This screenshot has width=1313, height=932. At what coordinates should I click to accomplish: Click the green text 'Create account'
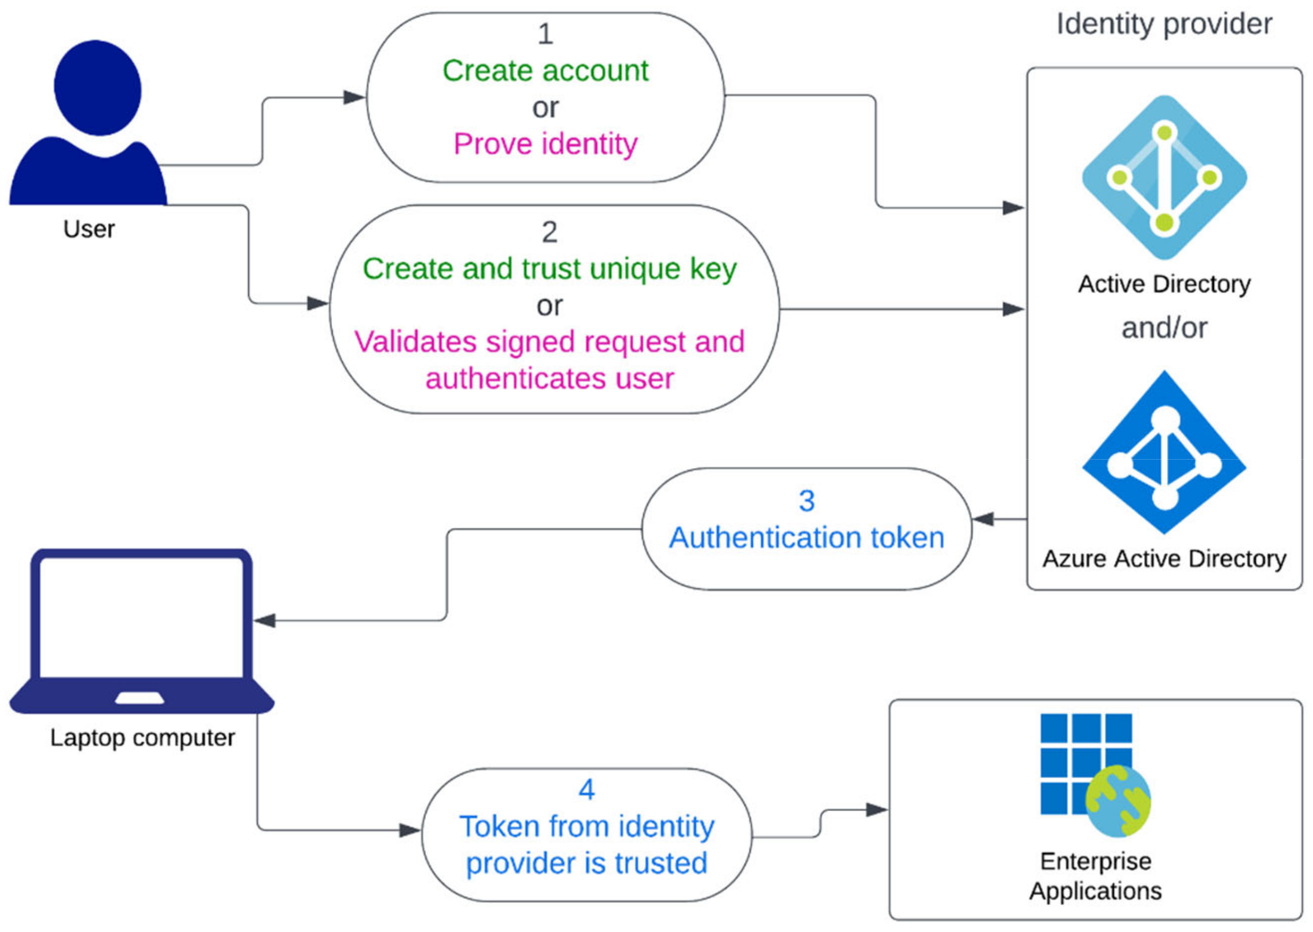[x=545, y=71]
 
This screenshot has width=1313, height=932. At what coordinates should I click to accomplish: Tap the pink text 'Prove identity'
[x=545, y=144]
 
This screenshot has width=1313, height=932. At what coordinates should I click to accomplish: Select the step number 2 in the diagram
[x=550, y=232]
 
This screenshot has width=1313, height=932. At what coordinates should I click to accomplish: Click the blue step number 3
[x=806, y=500]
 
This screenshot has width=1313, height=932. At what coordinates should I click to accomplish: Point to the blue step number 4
[x=586, y=790]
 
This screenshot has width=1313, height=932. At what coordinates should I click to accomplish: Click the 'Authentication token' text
[x=806, y=538]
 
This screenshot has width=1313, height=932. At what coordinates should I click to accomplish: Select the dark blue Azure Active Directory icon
[x=1164, y=453]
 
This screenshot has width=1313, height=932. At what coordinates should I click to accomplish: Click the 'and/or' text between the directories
[x=1164, y=328]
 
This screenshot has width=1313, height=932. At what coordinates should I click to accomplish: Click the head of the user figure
[x=98, y=87]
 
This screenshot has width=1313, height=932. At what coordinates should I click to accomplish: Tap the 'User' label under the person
[x=89, y=229]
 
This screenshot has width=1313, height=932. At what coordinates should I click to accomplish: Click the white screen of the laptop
[x=141, y=617]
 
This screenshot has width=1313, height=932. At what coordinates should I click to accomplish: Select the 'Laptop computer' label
[x=142, y=737]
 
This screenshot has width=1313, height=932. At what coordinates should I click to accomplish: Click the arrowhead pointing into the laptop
[x=266, y=620]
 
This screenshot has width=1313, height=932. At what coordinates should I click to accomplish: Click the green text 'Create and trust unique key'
[x=550, y=269]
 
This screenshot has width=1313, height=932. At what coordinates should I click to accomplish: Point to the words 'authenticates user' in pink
[x=550, y=379]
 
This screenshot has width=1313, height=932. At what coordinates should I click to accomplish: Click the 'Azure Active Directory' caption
[x=1164, y=558]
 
